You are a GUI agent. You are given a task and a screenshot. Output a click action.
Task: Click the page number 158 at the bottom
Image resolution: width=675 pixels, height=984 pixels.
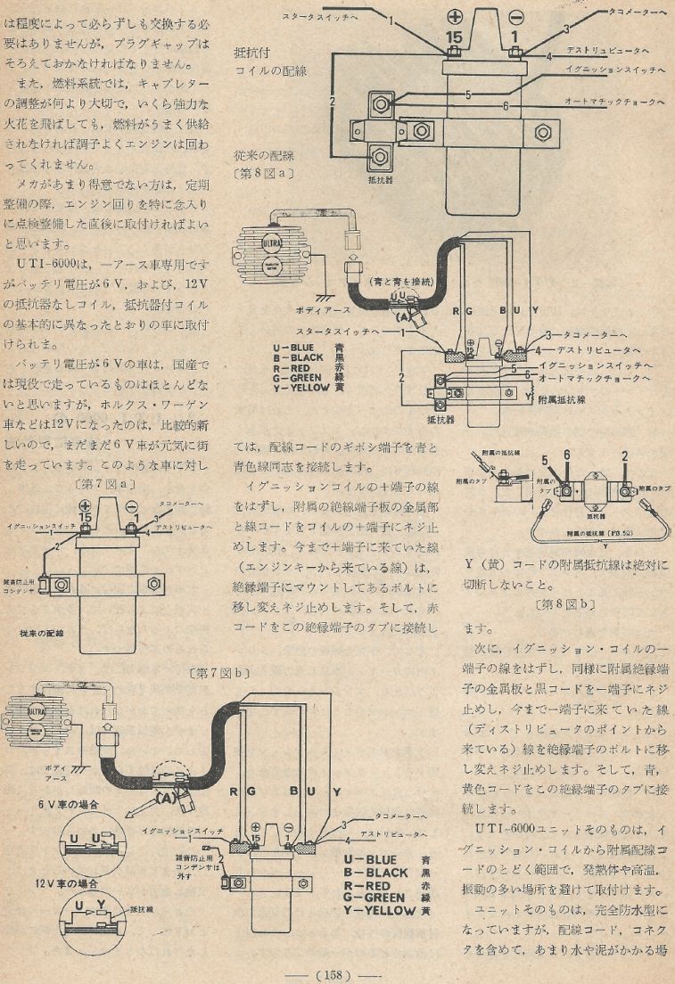tap(336, 973)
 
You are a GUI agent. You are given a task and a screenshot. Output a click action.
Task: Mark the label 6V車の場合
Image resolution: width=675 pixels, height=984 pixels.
tap(68, 803)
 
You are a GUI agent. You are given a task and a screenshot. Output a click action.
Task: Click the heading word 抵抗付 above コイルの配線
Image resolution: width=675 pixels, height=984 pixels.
tap(252, 51)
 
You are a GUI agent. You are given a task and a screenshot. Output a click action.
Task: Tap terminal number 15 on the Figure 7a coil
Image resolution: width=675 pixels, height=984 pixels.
tap(86, 516)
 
